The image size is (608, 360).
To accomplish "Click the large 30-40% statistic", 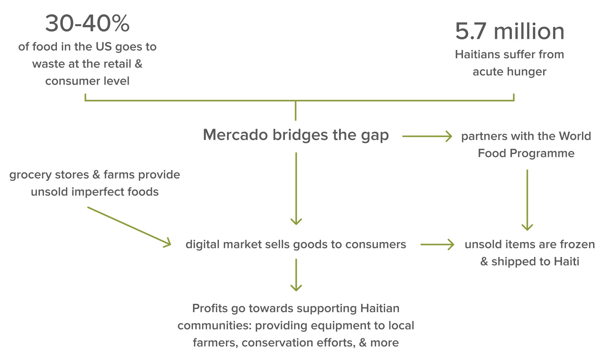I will pyautogui.click(x=87, y=24).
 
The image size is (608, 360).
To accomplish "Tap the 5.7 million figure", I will pyautogui.click(x=509, y=31).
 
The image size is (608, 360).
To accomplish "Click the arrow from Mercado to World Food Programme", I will pyautogui.click(x=427, y=136).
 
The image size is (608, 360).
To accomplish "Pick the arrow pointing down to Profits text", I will pyautogui.click(x=296, y=275).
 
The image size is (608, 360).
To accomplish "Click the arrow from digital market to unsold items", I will pyautogui.click(x=437, y=245).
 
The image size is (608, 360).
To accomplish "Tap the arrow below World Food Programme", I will pyautogui.click(x=527, y=200).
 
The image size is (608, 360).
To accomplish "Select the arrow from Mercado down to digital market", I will pyautogui.click(x=296, y=188).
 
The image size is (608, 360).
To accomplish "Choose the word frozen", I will pyautogui.click(x=577, y=245).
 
